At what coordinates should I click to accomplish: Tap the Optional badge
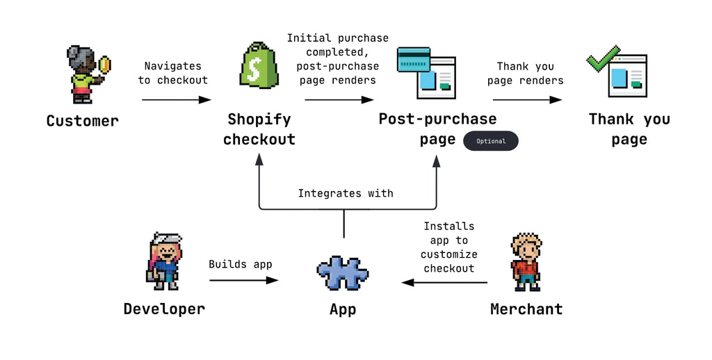[x=490, y=141]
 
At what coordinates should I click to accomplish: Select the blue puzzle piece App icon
[x=343, y=273]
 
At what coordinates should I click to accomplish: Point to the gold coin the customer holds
[x=105, y=65]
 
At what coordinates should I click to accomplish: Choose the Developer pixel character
[x=164, y=261]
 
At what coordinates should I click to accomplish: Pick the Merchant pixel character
[x=526, y=262]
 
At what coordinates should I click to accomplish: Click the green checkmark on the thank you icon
[x=603, y=59]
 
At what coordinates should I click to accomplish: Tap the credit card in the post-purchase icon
[x=413, y=60]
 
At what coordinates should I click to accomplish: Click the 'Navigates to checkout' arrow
[x=176, y=100]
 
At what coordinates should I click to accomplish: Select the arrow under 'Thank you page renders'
[x=527, y=100]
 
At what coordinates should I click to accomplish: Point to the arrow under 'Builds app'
[x=244, y=281]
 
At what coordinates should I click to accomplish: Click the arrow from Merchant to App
[x=444, y=282]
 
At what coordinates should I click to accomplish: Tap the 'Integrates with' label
[x=346, y=193]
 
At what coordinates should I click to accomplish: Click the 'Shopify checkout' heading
[x=259, y=129]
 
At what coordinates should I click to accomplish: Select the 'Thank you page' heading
[x=629, y=129]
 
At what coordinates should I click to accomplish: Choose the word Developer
[x=164, y=309]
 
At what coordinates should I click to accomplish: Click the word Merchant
[x=526, y=309]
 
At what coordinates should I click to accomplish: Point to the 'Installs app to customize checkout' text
[x=449, y=247]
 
